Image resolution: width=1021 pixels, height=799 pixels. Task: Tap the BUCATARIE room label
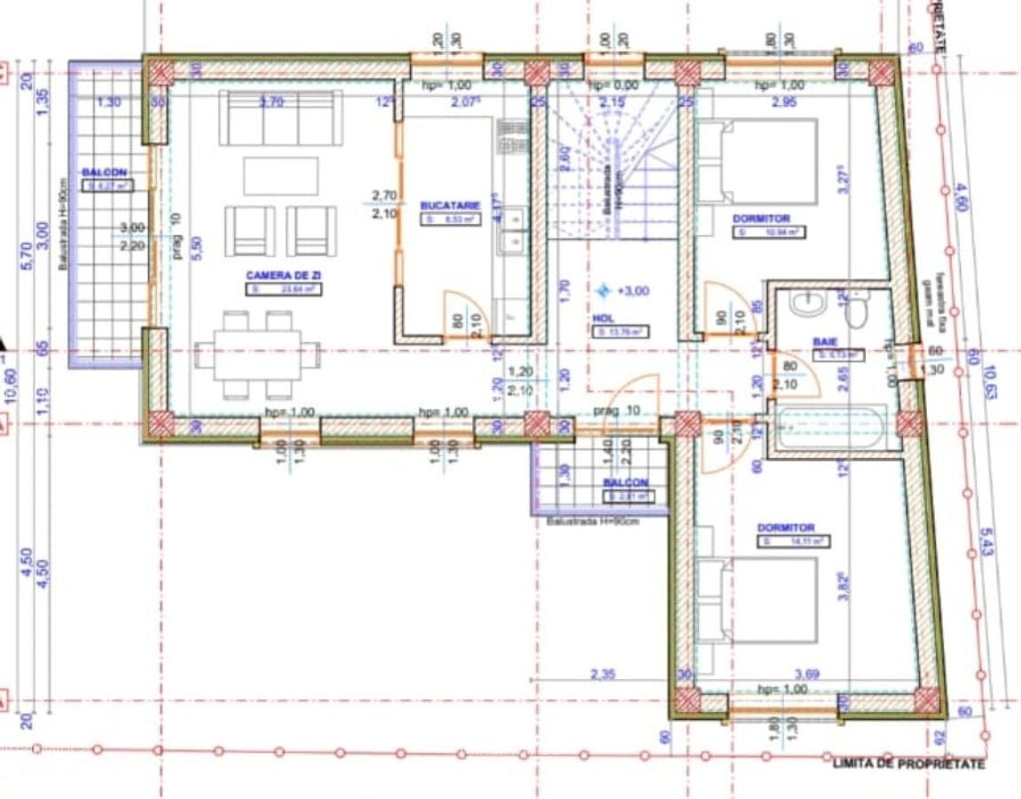click(x=450, y=205)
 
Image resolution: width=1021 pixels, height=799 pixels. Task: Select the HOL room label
click(x=603, y=317)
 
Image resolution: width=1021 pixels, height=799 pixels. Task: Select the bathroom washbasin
click(x=807, y=304)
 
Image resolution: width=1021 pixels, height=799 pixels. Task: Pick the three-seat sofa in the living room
click(x=280, y=117)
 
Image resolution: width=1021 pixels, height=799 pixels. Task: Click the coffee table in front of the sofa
click(x=280, y=175)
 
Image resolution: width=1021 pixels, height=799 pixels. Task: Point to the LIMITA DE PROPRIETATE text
click(x=908, y=764)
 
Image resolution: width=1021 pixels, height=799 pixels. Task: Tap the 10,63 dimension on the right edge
click(x=989, y=383)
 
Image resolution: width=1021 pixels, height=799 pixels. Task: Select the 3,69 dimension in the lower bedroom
click(x=806, y=675)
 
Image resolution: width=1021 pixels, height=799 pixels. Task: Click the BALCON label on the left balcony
click(x=105, y=172)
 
